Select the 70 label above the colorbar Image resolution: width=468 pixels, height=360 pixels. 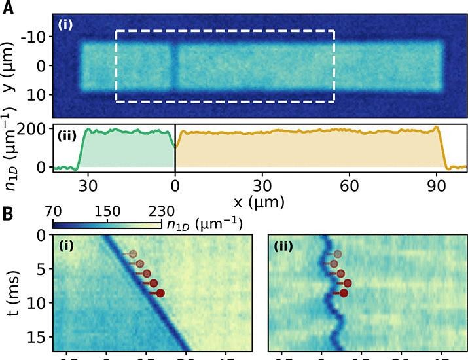[x=58, y=212]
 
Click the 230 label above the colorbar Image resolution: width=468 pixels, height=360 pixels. [x=160, y=212]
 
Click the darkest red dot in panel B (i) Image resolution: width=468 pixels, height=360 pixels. [x=160, y=293]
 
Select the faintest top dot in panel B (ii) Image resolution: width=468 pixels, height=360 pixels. [x=338, y=253]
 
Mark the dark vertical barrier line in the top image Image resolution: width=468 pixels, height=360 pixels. [x=175, y=67]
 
